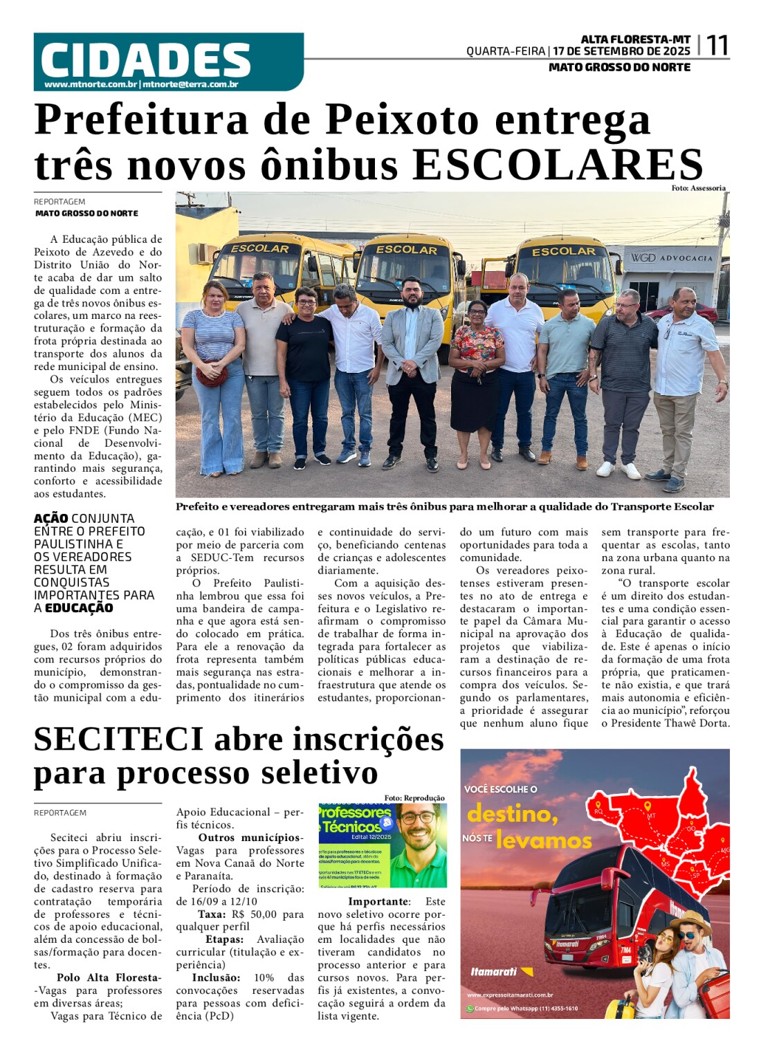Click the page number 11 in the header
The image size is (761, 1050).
click(x=717, y=46)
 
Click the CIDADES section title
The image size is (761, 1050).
click(x=145, y=60)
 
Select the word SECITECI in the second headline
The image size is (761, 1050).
click(x=118, y=739)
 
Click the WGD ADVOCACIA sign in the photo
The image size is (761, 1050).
click(x=670, y=258)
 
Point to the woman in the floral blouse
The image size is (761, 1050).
click(x=475, y=367)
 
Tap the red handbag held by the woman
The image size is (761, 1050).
click(x=212, y=376)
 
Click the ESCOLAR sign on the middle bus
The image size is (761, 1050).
click(x=406, y=250)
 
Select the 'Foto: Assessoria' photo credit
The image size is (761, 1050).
click(x=698, y=188)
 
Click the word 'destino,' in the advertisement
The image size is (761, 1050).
click(x=513, y=814)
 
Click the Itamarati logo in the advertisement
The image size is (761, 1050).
click(x=494, y=972)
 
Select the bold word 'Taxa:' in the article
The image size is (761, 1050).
click(x=211, y=914)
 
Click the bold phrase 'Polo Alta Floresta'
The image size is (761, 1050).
click(x=108, y=978)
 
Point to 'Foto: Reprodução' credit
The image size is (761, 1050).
click(x=414, y=798)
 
